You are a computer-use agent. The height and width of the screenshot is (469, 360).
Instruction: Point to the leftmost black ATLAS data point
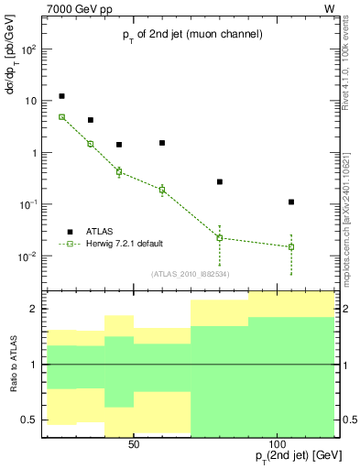pos(61,96)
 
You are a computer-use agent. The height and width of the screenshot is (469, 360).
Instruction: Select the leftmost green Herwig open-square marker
pos(61,117)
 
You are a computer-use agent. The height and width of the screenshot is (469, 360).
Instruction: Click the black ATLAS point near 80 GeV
pos(220,181)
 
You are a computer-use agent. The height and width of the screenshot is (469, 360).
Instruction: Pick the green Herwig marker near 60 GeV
pos(162,190)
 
